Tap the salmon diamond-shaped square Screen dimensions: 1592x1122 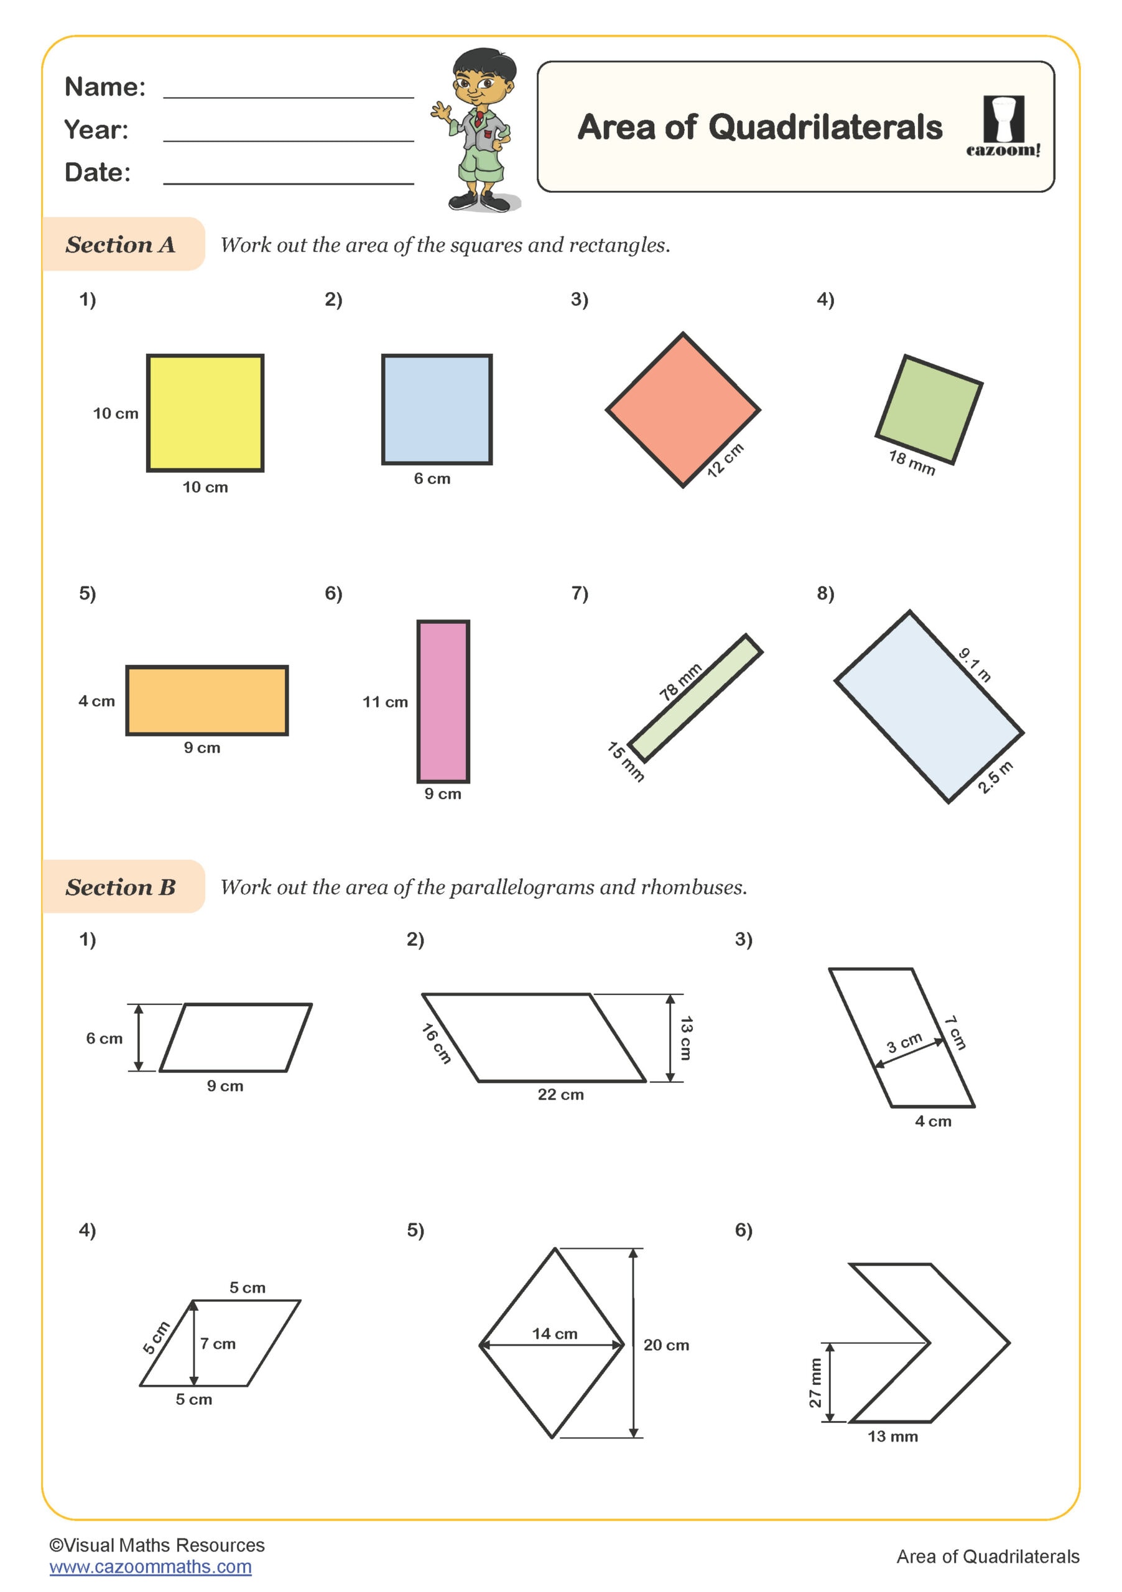coord(682,409)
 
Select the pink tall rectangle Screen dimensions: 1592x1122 coord(442,700)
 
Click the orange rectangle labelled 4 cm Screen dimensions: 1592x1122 coord(206,700)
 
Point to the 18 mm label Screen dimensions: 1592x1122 coord(911,463)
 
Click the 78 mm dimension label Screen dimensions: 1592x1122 coord(680,682)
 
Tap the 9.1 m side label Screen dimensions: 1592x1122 coord(975,664)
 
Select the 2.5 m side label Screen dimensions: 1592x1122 coord(995,777)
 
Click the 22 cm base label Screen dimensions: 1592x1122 coord(560,1094)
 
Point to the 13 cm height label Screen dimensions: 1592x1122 coord(686,1038)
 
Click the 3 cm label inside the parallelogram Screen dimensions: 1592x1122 coord(904,1042)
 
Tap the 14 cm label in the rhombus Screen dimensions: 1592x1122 coord(554,1333)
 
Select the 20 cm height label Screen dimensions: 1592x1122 coord(665,1345)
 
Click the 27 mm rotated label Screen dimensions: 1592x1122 coord(815,1382)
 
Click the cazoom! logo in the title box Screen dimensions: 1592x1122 coord(1003,127)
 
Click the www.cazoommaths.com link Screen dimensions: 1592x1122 coord(151,1567)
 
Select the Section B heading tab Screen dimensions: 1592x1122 coord(122,886)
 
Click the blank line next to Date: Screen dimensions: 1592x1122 coord(288,177)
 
